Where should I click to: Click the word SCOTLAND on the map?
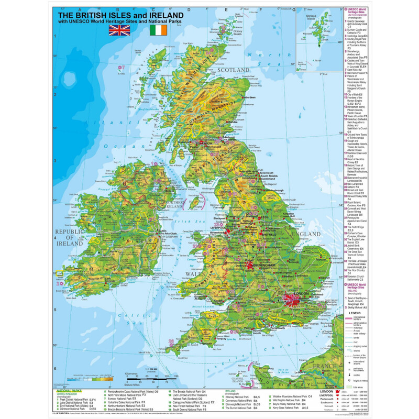[234, 70]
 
